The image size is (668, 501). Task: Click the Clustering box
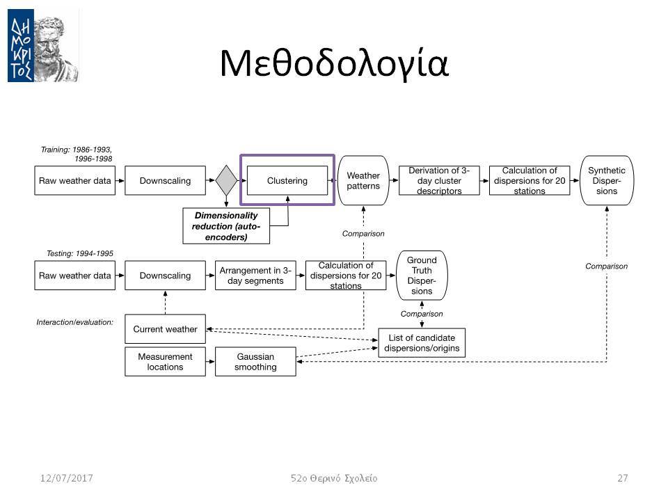(287, 181)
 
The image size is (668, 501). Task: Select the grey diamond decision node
(226, 180)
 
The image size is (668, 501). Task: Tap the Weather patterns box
(363, 181)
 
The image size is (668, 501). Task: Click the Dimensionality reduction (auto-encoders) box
(226, 225)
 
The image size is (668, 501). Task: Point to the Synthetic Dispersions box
(607, 181)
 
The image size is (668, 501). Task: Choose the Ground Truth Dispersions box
(422, 276)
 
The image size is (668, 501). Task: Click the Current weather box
(166, 329)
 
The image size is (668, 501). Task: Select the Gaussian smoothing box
(255, 362)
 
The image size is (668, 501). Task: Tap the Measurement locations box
(166, 362)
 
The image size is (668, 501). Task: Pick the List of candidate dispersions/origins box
(422, 343)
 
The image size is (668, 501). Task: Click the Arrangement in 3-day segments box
(255, 276)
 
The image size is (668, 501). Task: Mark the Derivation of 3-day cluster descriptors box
(439, 181)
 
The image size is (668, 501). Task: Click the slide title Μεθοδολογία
(334, 64)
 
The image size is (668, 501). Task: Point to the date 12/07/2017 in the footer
(67, 478)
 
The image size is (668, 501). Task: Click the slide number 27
(622, 478)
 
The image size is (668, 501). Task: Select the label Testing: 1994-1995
(79, 253)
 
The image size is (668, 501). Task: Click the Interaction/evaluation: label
(75, 322)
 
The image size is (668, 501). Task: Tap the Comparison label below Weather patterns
(363, 234)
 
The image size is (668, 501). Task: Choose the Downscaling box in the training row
(166, 181)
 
